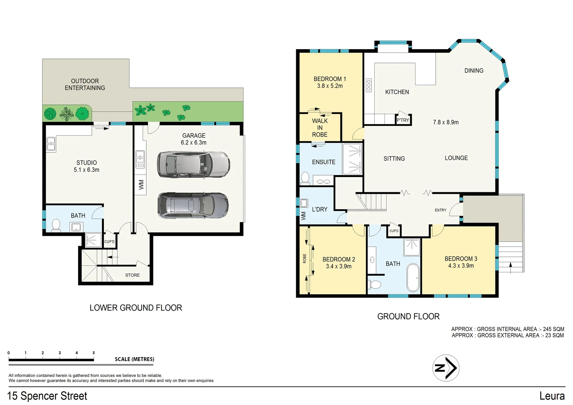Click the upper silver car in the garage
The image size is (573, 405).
[x=193, y=164]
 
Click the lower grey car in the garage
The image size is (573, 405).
[x=193, y=205]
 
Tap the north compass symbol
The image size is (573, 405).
[x=445, y=368]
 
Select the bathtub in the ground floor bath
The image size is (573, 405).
[x=413, y=277]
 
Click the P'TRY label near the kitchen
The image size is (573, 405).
[x=403, y=120]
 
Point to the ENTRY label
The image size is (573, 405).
[x=440, y=210]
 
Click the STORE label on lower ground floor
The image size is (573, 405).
[x=132, y=275]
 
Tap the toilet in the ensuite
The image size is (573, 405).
[x=305, y=178]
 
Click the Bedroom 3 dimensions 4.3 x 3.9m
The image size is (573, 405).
[x=460, y=266]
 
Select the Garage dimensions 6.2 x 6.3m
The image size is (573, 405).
[x=193, y=142]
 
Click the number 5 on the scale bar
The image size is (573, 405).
[x=94, y=353]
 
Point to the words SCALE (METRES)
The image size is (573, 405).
[x=134, y=359]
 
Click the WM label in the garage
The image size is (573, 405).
[x=141, y=184]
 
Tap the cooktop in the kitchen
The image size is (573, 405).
[x=369, y=85]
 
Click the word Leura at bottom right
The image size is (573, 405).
[x=552, y=396]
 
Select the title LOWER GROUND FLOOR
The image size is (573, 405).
[x=136, y=308]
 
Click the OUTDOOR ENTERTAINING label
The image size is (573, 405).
[x=85, y=84]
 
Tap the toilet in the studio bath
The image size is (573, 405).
[x=56, y=225]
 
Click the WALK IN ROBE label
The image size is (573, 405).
[x=319, y=128]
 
